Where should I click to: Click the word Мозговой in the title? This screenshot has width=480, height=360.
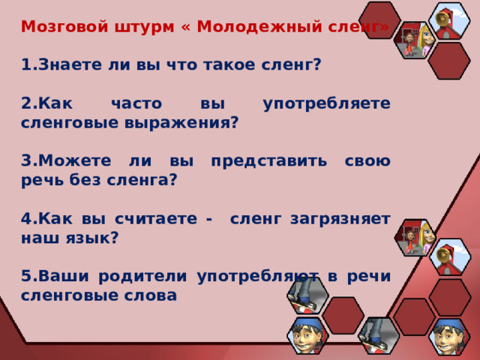(x=64, y=27)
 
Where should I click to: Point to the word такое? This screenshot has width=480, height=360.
(x=229, y=65)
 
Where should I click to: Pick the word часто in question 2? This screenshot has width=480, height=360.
(x=136, y=103)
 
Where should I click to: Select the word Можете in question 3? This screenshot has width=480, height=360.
(x=75, y=160)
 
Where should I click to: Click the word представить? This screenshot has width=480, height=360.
(x=269, y=161)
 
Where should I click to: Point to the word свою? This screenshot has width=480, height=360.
(x=367, y=161)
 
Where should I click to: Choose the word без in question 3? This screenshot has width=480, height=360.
(x=85, y=179)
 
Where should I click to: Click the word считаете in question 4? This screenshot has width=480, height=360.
(x=156, y=219)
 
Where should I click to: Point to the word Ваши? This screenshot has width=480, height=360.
(x=64, y=276)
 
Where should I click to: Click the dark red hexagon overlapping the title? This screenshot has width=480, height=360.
(x=380, y=20)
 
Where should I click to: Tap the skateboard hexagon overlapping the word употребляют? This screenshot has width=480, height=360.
(x=308, y=295)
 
